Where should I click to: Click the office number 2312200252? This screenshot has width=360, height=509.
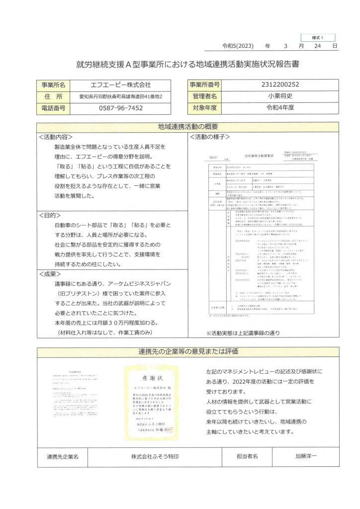pyautogui.click(x=280, y=85)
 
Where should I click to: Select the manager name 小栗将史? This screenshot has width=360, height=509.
pyautogui.click(x=280, y=96)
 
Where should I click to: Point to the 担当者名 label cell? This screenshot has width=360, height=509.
pyautogui.click(x=247, y=455)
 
